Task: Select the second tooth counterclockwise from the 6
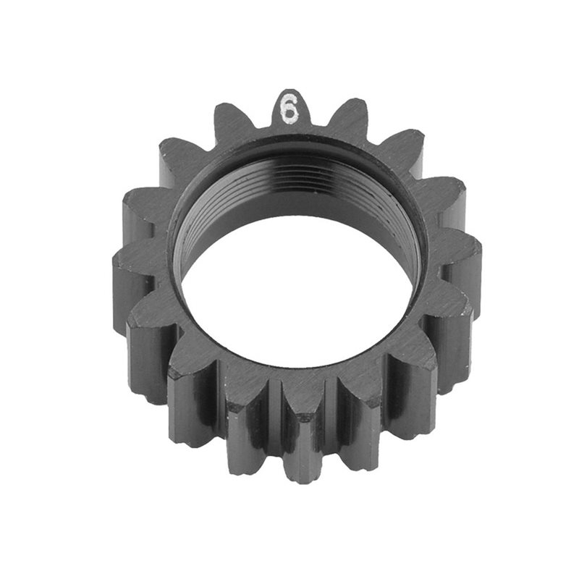pyautogui.click(x=177, y=156)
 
